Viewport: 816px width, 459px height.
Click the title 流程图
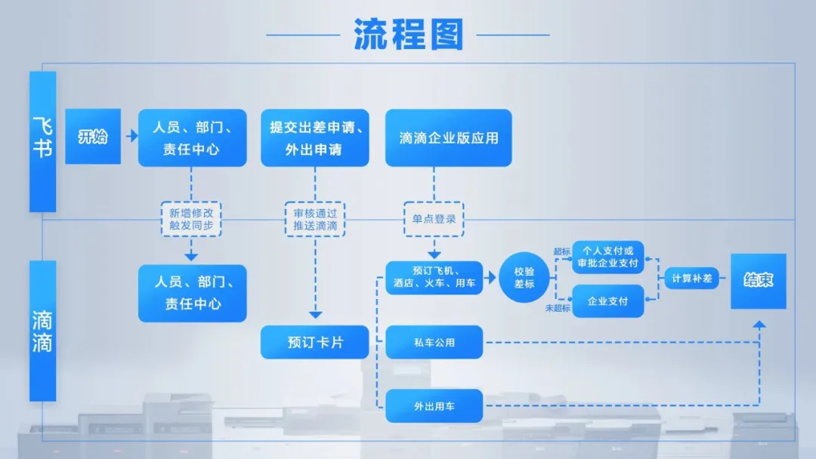(408, 34)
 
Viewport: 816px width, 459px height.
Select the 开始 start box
(93, 137)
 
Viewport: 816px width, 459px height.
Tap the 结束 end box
(758, 281)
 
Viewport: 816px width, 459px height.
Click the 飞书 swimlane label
(42, 141)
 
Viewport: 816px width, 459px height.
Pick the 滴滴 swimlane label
(42, 331)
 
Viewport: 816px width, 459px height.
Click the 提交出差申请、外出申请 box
(315, 137)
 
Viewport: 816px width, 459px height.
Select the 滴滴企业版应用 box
(448, 137)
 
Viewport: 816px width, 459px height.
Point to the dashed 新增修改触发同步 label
(191, 219)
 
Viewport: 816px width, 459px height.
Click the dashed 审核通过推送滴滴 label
(315, 219)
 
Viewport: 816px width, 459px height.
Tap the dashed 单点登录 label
(434, 219)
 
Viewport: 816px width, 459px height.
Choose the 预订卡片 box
(315, 342)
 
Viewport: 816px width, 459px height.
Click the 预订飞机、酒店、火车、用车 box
(434, 277)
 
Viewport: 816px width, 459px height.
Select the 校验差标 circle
(524, 278)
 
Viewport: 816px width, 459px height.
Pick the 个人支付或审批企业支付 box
(608, 257)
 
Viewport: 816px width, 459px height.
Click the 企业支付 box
(608, 301)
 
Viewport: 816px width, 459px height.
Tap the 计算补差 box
(692, 278)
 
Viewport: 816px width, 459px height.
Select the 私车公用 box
(434, 342)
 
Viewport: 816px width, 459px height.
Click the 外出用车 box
(434, 406)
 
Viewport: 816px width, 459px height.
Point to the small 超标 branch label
(562, 251)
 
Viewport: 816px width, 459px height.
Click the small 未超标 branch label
(558, 308)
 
